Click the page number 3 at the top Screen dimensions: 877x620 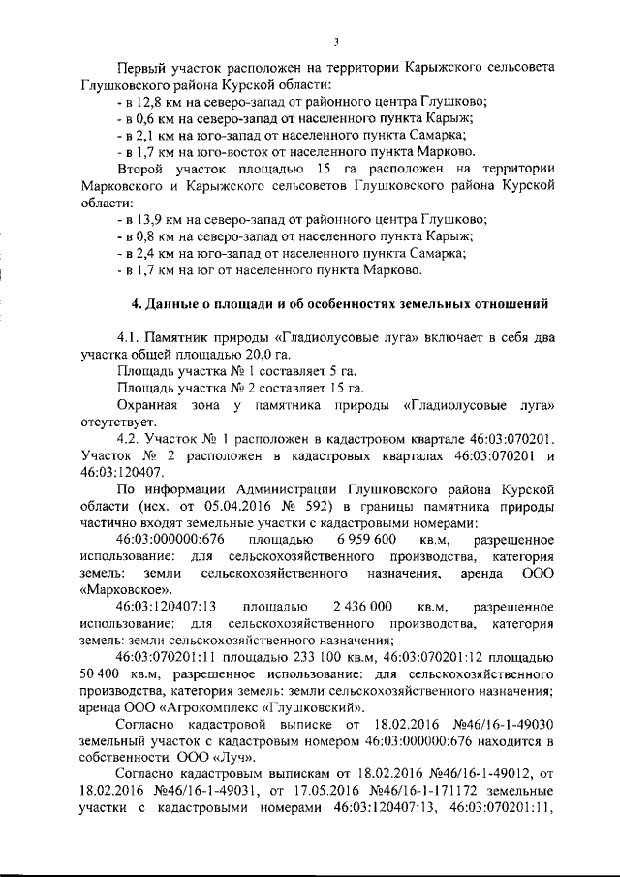(334, 41)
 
